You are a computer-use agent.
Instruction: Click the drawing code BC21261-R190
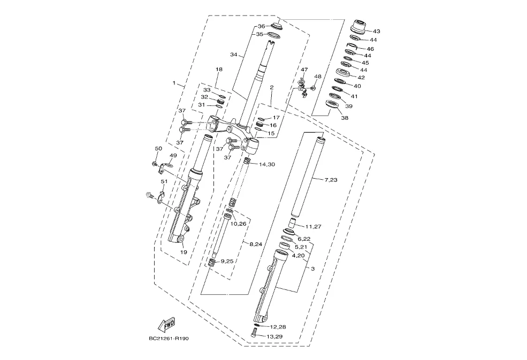coord(170,339)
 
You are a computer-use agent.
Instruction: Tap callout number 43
coord(376,32)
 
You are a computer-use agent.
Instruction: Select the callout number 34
coord(233,55)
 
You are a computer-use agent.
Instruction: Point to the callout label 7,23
coord(331,180)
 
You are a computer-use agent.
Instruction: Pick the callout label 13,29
coord(274,336)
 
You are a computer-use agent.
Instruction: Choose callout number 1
coord(173,83)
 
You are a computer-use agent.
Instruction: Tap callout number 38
coord(344,118)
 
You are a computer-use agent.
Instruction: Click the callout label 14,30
coord(267,164)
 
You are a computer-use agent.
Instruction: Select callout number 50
coord(158,148)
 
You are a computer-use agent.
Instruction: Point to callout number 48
coord(318,76)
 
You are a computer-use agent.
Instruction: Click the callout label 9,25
coord(227,261)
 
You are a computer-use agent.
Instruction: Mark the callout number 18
coord(218,70)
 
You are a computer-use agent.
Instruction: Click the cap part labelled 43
coord(357,27)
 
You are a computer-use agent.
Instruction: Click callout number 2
coord(272,87)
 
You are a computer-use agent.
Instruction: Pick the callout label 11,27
coord(313,226)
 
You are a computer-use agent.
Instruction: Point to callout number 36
coord(261,26)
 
